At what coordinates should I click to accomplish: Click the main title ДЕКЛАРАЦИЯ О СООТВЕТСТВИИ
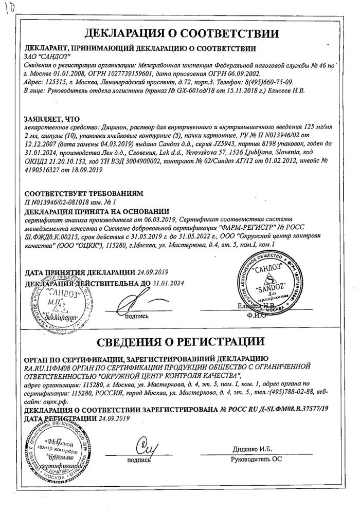tap(182, 33)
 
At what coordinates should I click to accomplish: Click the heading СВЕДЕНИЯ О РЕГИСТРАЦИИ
tap(182, 341)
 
